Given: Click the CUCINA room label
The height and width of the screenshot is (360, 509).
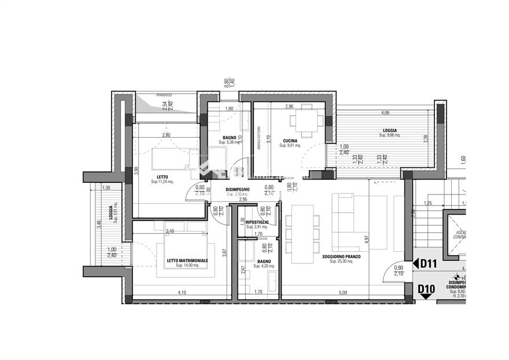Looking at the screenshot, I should tap(290, 141).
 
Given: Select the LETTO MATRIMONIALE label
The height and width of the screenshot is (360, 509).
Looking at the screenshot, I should tap(187, 261).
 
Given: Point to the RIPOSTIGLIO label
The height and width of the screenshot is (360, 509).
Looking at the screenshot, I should tap(257, 222).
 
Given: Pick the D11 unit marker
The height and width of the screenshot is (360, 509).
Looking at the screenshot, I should tap(427, 265).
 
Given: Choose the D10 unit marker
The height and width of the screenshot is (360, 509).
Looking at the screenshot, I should tap(426, 288).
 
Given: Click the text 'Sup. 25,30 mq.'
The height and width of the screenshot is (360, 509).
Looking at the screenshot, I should tap(341, 262).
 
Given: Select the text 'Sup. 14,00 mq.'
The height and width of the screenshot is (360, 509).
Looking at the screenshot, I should tap(187, 267).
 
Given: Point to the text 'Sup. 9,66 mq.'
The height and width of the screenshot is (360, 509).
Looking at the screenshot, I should tap(390, 135).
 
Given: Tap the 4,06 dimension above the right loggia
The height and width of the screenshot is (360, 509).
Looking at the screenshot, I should tap(385, 112).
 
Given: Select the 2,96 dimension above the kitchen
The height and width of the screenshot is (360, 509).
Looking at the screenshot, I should tap(289, 106).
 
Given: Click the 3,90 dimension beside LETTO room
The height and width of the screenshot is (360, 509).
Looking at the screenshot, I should tap(137, 171).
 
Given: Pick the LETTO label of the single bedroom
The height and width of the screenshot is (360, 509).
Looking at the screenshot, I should tap(163, 177).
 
